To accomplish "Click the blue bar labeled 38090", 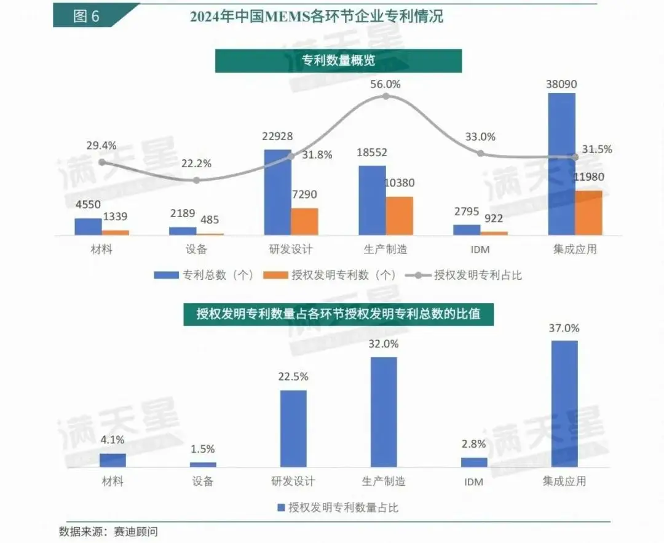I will point(561,164).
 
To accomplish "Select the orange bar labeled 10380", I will point(400,216).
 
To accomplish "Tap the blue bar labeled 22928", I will point(277,192).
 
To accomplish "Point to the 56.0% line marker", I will point(386,96).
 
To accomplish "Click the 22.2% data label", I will point(197,164).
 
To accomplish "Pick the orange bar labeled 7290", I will point(304,221).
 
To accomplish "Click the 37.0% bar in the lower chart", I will point(565,403).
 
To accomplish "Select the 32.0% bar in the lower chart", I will point(384,412).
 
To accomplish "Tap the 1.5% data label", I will point(203,449).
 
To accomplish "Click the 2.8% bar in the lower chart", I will point(474,462).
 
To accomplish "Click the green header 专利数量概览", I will point(338,61).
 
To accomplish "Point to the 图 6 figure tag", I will point(86,17).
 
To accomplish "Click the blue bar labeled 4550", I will point(89,227).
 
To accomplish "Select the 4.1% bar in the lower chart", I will point(113,460).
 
